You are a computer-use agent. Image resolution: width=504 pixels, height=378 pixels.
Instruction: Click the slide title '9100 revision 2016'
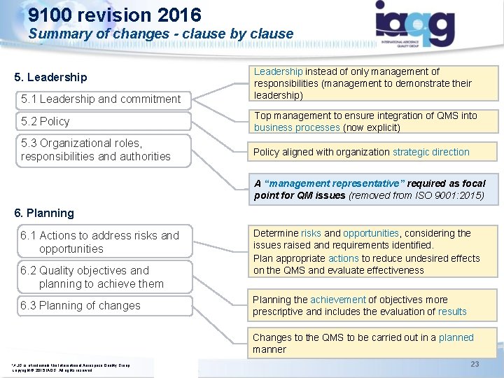(x=115, y=15)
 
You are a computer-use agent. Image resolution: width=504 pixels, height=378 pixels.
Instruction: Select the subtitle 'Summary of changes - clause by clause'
(x=161, y=34)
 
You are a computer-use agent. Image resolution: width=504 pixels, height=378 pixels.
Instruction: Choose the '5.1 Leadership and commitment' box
(x=101, y=99)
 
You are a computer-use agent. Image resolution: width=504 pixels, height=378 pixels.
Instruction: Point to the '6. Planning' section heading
(x=39, y=213)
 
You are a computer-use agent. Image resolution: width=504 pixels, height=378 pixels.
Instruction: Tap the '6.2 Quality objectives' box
(x=101, y=277)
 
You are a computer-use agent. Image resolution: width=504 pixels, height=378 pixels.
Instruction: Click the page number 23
(x=475, y=363)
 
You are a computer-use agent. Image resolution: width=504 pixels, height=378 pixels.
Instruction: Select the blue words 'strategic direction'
(x=431, y=152)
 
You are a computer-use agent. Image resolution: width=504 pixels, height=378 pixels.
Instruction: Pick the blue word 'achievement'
(x=338, y=300)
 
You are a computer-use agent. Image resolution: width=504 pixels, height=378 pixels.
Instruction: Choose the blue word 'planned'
(x=456, y=337)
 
